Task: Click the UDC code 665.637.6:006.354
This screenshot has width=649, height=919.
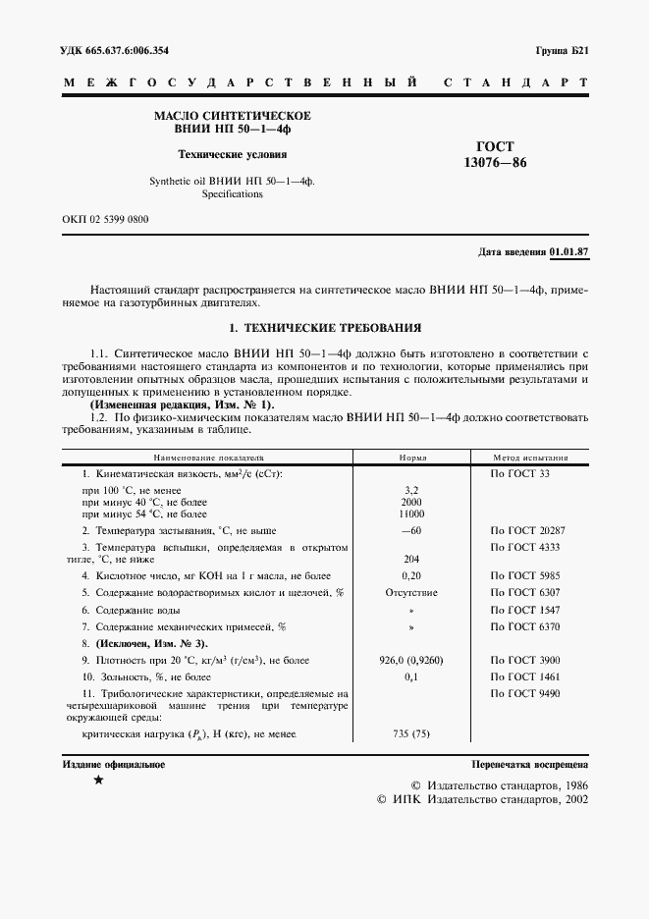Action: [114, 50]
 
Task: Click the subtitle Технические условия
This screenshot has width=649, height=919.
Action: [233, 154]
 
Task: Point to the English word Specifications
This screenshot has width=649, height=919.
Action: [233, 194]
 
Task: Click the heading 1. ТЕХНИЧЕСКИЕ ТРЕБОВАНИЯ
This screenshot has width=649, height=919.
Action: [324, 327]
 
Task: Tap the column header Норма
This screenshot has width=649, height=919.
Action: [411, 458]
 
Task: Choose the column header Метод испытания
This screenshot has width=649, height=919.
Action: [530, 458]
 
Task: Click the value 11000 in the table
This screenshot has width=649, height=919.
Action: [411, 514]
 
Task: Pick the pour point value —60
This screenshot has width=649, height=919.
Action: [411, 530]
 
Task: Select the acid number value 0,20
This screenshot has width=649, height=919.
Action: [411, 575]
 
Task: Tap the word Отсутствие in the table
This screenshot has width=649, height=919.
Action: [411, 593]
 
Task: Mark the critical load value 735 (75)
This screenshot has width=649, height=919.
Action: [411, 734]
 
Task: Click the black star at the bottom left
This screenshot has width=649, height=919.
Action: [97, 781]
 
